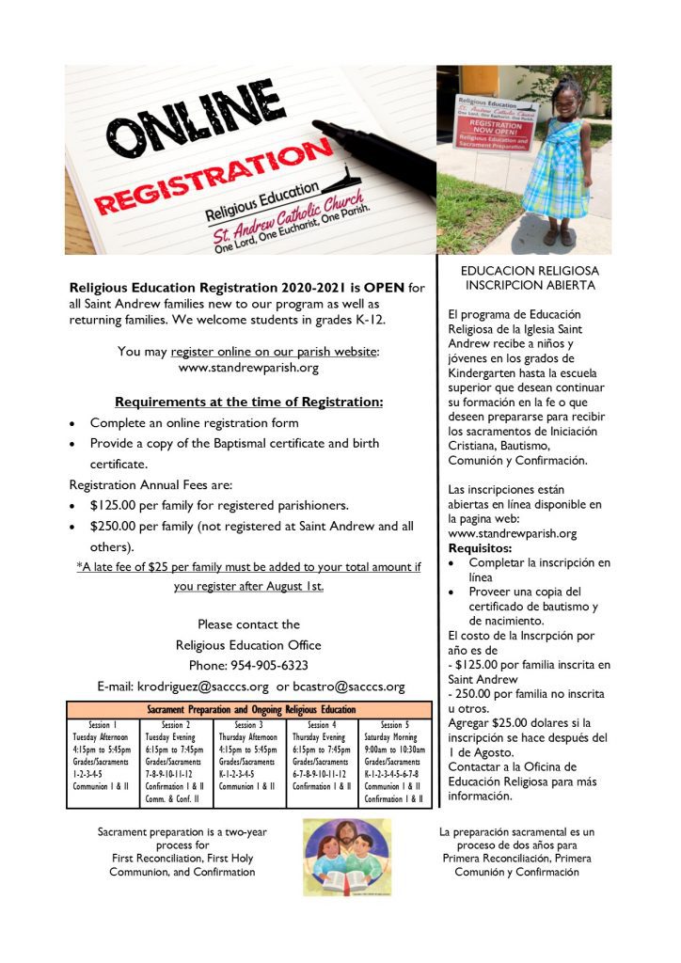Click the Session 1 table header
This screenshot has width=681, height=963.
pos(103,725)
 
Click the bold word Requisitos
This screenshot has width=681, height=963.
pos(480,547)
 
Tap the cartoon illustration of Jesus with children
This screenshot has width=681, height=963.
pos(346,856)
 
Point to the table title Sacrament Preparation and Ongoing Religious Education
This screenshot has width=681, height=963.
pos(251,709)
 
